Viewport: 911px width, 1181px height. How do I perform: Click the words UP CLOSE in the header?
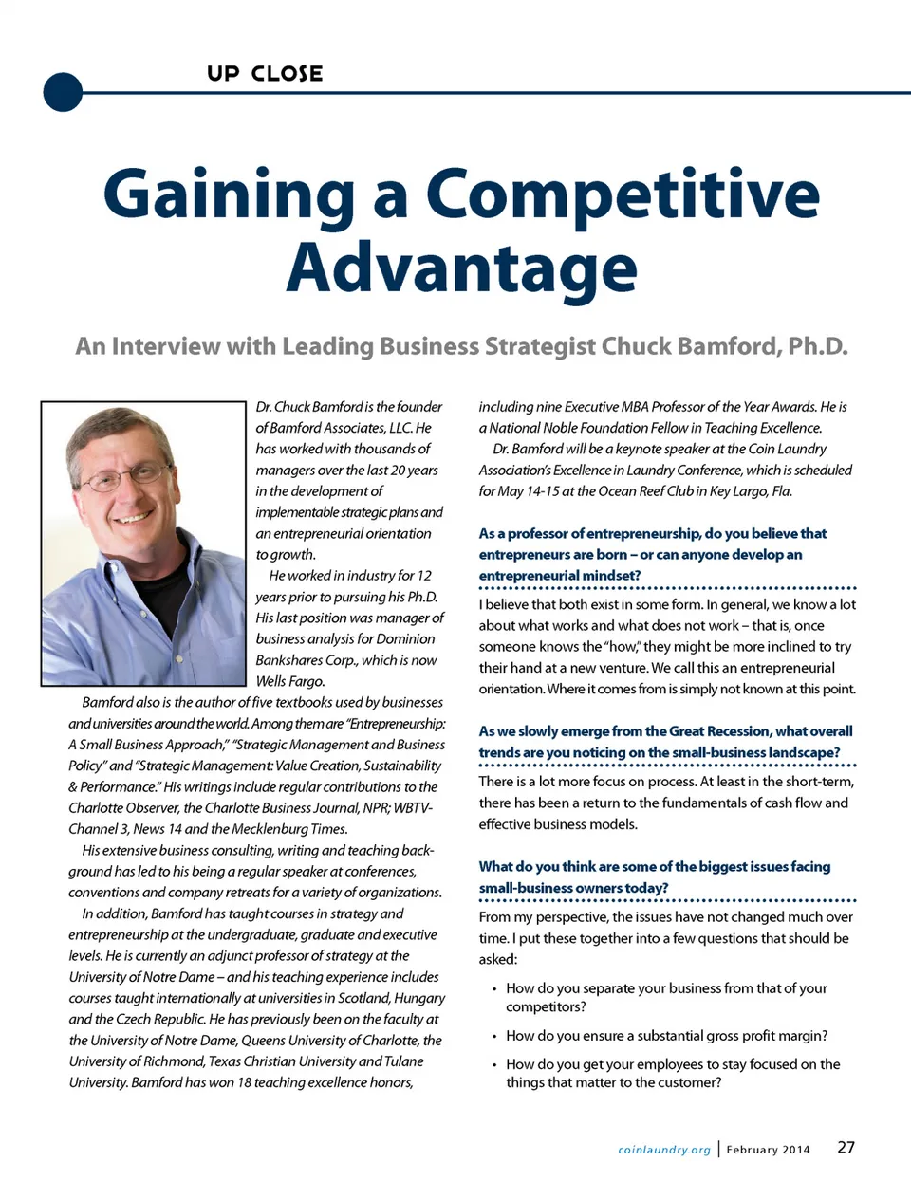coord(265,74)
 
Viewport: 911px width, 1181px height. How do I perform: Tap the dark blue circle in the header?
coord(64,92)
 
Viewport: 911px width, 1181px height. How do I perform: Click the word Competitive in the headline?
coord(623,194)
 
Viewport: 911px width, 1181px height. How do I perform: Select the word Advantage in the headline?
coord(461,268)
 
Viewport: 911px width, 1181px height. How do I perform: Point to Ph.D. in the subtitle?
coord(817,346)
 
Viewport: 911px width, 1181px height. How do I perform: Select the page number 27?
coord(846,1147)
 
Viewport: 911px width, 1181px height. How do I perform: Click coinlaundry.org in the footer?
coord(663,1150)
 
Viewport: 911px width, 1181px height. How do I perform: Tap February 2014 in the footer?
coord(768,1150)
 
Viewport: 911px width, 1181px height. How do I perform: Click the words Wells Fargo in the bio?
coord(290,681)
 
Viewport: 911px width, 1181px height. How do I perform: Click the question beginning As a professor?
coord(652,554)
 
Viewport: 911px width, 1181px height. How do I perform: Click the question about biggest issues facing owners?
coord(654,877)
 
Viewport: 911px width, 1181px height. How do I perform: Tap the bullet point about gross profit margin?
coord(666,1036)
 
